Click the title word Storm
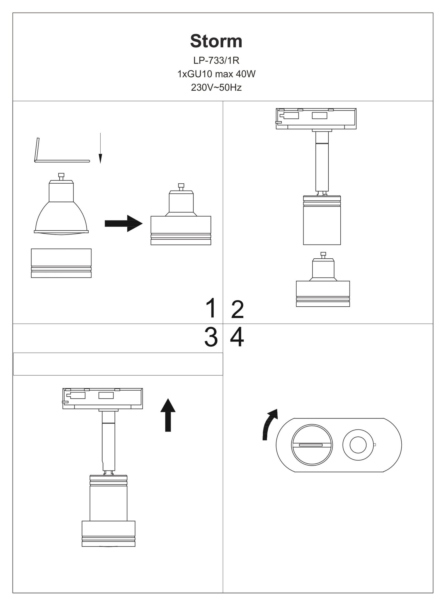(216, 41)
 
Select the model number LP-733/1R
(216, 60)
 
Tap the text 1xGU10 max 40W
(216, 74)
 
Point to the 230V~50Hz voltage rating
(216, 88)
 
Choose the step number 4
(237, 337)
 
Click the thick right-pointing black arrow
(123, 223)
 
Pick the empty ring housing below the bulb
(61, 263)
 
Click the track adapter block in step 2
(316, 119)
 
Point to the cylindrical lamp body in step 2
(322, 220)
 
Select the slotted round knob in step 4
(312, 445)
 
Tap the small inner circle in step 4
(358, 445)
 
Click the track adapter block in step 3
(103, 399)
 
